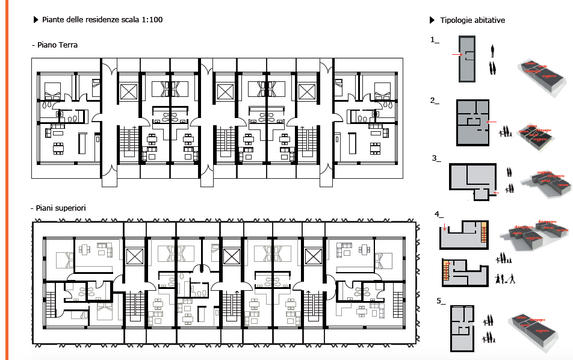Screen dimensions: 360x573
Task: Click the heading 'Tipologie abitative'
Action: coord(472,20)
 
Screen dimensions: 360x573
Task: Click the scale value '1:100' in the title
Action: coord(152,20)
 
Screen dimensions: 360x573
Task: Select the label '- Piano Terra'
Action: coord(54,45)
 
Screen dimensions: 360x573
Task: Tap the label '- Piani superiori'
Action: coord(58,208)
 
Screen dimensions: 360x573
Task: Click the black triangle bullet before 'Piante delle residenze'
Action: coord(36,20)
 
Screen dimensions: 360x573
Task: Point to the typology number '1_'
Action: coord(435,40)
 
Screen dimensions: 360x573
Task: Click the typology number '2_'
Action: coord(435,101)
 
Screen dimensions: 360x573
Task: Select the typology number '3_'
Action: coord(436,158)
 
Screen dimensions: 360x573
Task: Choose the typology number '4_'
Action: coord(439,214)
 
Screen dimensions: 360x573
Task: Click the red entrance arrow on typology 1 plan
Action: coord(456,55)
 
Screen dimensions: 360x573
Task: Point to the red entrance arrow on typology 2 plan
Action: coord(491,122)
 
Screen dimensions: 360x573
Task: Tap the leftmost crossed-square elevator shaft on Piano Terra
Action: coord(129,91)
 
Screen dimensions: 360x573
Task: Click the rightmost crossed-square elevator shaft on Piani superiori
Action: coord(314,256)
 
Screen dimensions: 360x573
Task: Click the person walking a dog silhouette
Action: coord(510,279)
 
